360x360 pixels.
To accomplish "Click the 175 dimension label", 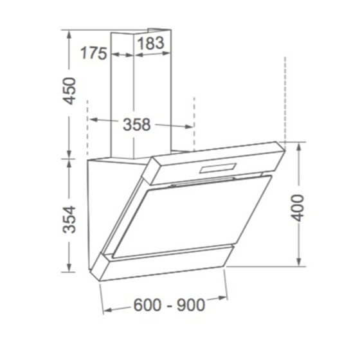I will pos(94,53).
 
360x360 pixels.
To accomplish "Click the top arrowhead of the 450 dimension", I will pos(69,32).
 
